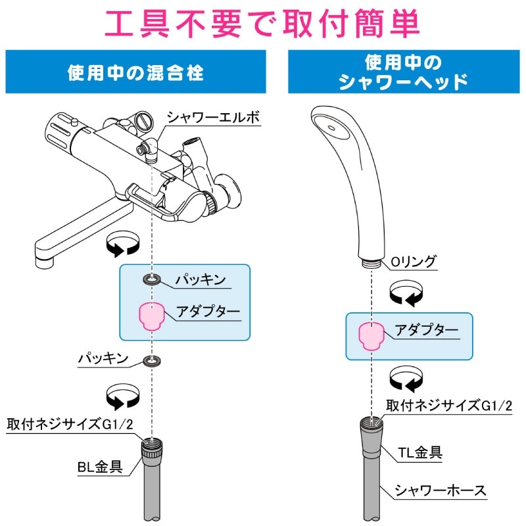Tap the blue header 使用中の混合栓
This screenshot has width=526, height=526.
coord(135,72)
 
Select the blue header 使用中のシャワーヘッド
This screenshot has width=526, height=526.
coord(403,72)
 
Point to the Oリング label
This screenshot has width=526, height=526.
coord(414,262)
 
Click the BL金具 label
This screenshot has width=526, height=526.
coord(101,467)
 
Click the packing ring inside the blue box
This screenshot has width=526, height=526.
coord(153,280)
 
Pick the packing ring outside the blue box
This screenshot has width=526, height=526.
coord(153,360)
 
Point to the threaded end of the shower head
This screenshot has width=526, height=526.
coord(370,261)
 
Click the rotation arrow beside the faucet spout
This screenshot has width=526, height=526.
coord(124,245)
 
